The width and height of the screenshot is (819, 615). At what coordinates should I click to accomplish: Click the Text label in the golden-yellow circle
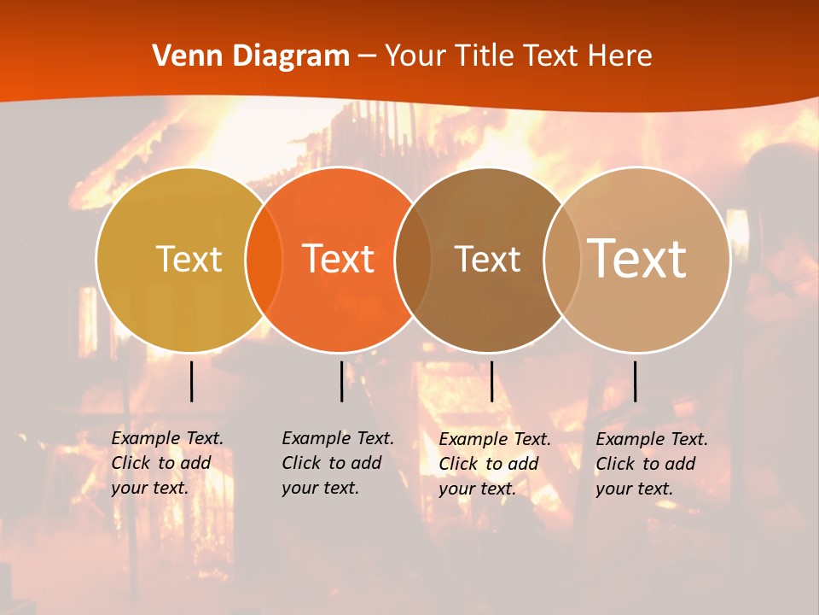pyautogui.click(x=189, y=259)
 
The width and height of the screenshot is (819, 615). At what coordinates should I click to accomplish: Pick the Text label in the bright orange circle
pyautogui.click(x=339, y=259)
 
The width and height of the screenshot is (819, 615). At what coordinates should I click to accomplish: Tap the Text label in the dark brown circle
pyautogui.click(x=487, y=259)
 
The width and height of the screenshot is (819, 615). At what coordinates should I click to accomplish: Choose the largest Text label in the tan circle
pyautogui.click(x=637, y=259)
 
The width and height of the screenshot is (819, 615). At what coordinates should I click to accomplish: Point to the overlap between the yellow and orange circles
pyautogui.click(x=264, y=259)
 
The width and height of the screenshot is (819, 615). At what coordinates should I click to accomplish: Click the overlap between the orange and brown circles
pyautogui.click(x=413, y=259)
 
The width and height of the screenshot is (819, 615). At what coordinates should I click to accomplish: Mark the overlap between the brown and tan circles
pyautogui.click(x=562, y=259)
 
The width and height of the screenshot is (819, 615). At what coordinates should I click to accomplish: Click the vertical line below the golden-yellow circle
pyautogui.click(x=191, y=381)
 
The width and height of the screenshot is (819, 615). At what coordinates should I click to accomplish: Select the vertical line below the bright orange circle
pyautogui.click(x=341, y=381)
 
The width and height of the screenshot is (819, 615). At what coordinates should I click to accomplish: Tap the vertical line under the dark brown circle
pyautogui.click(x=491, y=381)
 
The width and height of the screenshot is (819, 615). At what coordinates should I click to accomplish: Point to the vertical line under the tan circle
pyautogui.click(x=635, y=381)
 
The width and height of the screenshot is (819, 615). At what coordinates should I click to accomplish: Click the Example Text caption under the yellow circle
pyautogui.click(x=167, y=463)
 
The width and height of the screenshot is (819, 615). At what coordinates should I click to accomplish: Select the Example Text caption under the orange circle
pyautogui.click(x=338, y=463)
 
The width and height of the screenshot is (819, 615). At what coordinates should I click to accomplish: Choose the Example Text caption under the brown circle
pyautogui.click(x=495, y=464)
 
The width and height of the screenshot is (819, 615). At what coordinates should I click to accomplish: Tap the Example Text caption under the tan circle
pyautogui.click(x=652, y=464)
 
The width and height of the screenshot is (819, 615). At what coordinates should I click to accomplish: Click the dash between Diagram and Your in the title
pyautogui.click(x=367, y=56)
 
